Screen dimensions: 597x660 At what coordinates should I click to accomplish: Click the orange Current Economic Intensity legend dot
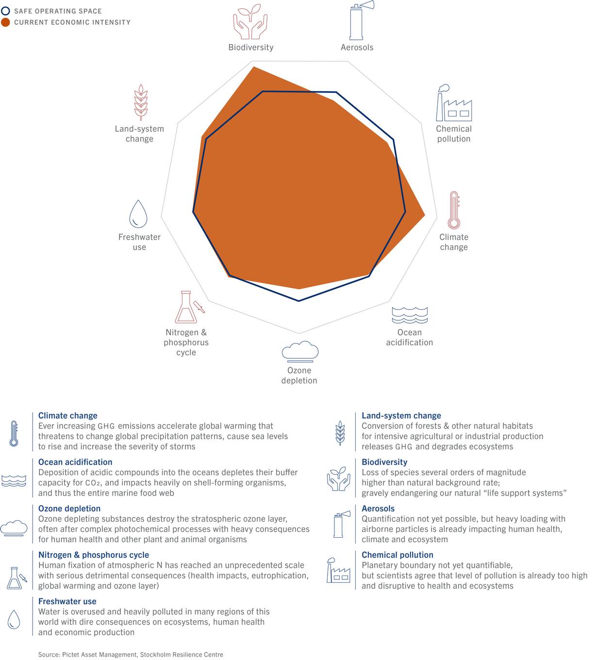click(5, 22)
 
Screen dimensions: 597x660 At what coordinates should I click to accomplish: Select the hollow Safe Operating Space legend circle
click(5, 11)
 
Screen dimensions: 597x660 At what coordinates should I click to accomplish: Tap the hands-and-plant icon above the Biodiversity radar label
click(250, 22)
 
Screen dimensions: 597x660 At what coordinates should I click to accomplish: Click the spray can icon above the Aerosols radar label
click(361, 20)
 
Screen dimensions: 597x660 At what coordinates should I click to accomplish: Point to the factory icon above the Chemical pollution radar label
click(453, 103)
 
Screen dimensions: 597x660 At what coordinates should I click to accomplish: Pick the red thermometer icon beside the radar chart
click(454, 210)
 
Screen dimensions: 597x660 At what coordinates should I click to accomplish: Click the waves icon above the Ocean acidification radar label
click(410, 315)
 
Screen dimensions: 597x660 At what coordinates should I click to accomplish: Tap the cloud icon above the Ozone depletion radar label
click(300, 351)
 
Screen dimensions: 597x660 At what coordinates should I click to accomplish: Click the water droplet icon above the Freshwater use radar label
click(138, 214)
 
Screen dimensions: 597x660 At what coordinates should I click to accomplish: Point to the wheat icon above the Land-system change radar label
click(141, 102)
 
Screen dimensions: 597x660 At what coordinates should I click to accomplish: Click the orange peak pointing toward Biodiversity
click(254, 67)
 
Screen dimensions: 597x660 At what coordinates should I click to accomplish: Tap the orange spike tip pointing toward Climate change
click(425, 215)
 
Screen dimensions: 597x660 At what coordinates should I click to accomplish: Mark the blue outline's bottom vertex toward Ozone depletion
click(299, 301)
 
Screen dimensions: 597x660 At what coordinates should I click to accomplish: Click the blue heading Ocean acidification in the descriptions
click(75, 462)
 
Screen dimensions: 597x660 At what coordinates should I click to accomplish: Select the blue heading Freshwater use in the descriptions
click(67, 601)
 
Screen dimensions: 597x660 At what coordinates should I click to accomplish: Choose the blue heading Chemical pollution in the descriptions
click(397, 555)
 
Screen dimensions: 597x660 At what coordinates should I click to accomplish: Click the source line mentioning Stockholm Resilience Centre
click(131, 654)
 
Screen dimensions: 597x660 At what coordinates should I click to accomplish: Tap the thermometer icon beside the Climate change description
click(14, 433)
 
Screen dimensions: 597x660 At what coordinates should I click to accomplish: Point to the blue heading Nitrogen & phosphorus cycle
click(94, 555)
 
